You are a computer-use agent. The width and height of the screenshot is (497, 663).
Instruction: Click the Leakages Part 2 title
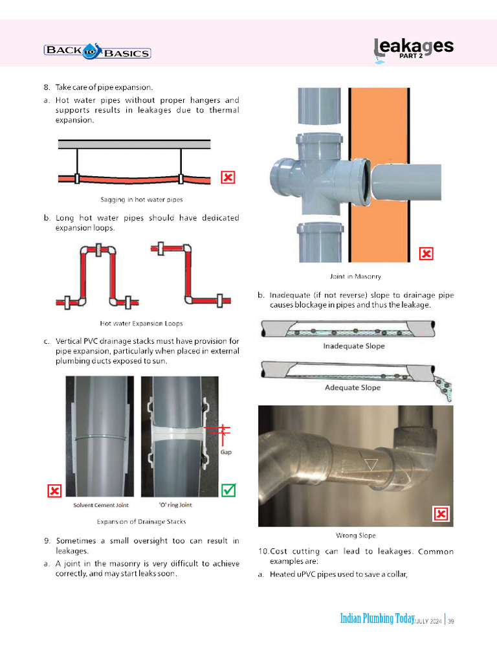[414, 48]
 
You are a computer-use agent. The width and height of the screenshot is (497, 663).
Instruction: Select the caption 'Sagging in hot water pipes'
[142, 199]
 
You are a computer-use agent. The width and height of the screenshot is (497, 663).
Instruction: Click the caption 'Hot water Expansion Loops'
[141, 323]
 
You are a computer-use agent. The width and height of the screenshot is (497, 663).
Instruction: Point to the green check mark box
[228, 491]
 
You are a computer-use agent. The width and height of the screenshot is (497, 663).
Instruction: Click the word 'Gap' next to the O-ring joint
[226, 452]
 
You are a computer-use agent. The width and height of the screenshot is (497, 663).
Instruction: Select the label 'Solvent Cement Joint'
[100, 505]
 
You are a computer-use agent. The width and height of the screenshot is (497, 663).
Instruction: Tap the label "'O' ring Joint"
[175, 505]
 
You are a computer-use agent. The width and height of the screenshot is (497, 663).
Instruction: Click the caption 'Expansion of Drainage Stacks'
[141, 521]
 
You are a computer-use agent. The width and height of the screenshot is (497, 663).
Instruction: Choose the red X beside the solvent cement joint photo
[55, 491]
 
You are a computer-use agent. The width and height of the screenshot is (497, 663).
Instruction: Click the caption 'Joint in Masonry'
[355, 276]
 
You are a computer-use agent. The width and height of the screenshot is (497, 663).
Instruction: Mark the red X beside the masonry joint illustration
[426, 254]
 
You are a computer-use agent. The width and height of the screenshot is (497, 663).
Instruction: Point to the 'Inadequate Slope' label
[354, 346]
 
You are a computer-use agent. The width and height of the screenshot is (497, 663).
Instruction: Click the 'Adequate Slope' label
[353, 388]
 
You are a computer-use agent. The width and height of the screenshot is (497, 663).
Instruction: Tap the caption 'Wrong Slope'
[356, 535]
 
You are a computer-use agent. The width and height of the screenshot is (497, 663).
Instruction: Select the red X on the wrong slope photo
[441, 514]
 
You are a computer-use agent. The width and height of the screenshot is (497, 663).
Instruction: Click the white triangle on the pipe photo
[371, 464]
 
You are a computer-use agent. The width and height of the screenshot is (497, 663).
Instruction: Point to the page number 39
[451, 622]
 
